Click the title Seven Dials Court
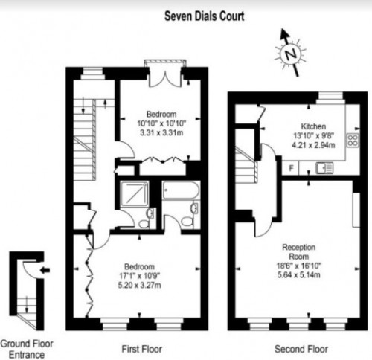tap(205, 16)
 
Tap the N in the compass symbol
tap(291, 54)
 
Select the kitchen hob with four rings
tap(353, 141)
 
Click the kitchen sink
tap(324, 168)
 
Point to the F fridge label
tap(292, 168)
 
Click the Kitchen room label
tap(313, 126)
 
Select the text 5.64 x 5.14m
tap(299, 275)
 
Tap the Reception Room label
tap(299, 251)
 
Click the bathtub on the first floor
tap(181, 190)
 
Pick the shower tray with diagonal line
tap(135, 194)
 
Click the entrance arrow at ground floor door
tap(45, 270)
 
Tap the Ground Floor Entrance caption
tap(27, 349)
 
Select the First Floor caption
tap(142, 349)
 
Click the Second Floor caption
tap(301, 349)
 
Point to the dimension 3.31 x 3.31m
tap(161, 133)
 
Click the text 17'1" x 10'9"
tap(140, 276)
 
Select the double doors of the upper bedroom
tap(165, 78)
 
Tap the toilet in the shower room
tap(143, 224)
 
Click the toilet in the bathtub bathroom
tap(187, 222)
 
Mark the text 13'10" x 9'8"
tap(313, 136)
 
